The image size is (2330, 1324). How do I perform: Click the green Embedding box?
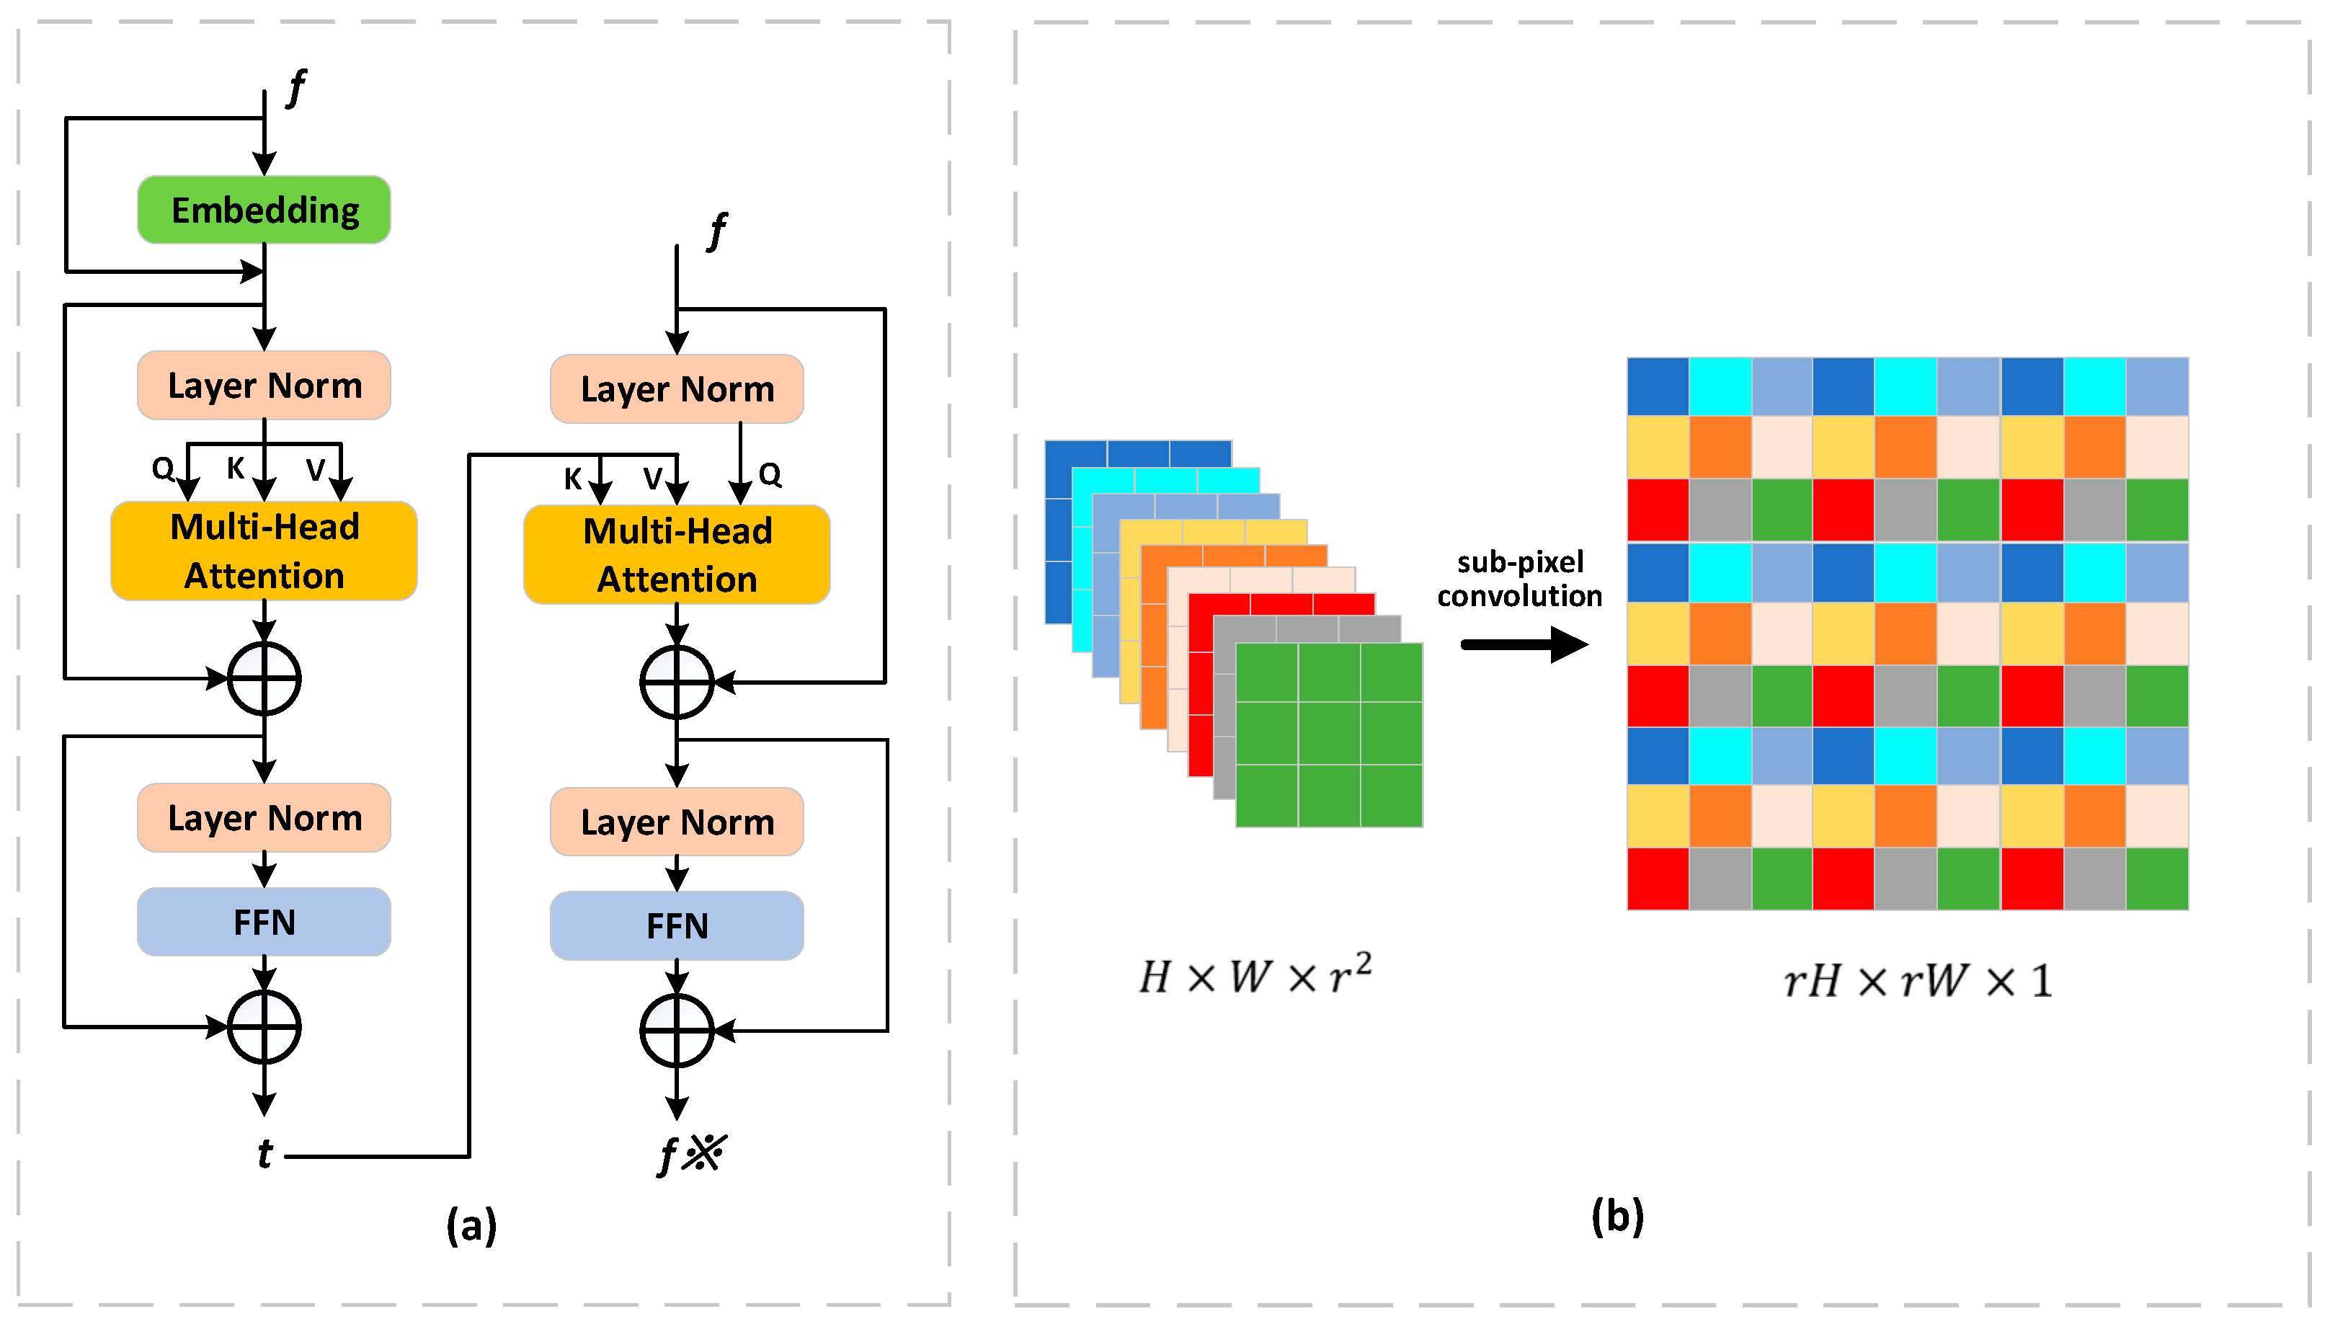pos(264,210)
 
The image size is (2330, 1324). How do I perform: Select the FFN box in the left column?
pos(264,921)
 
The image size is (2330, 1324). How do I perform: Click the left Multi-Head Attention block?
pos(264,551)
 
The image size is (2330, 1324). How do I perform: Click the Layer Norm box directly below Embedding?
pos(264,386)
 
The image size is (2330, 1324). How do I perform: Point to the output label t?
pos(264,1154)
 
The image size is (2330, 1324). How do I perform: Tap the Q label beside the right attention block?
pos(770,475)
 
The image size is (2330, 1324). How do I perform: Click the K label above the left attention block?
pos(236,468)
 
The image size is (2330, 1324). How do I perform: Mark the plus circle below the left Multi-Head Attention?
pos(264,678)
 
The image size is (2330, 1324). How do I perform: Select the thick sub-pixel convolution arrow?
pos(1524,645)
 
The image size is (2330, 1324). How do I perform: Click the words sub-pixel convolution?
pos(1519,579)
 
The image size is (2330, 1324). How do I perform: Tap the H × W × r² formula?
pos(1255,976)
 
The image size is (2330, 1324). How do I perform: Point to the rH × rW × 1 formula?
pos(1916,981)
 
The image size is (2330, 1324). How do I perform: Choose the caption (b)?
pos(1617,1216)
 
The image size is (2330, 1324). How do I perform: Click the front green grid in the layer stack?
pos(1329,734)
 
